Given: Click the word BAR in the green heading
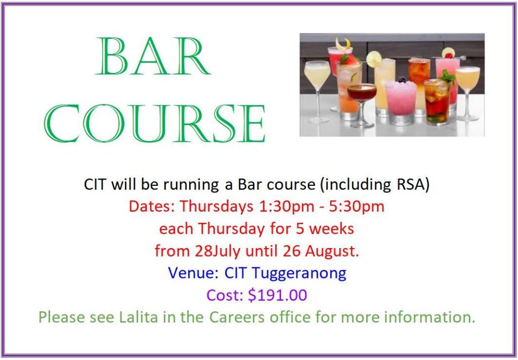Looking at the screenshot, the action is (x=153, y=56).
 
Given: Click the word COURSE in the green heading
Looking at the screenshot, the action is (x=154, y=123).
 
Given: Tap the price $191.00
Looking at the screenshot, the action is (x=278, y=295).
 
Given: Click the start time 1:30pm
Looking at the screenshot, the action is (x=287, y=207).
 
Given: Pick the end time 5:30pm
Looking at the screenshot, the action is (x=357, y=207).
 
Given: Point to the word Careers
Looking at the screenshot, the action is (x=237, y=316).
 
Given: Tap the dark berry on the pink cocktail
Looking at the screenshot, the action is (x=402, y=79).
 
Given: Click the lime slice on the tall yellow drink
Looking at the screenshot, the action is (x=374, y=59).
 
